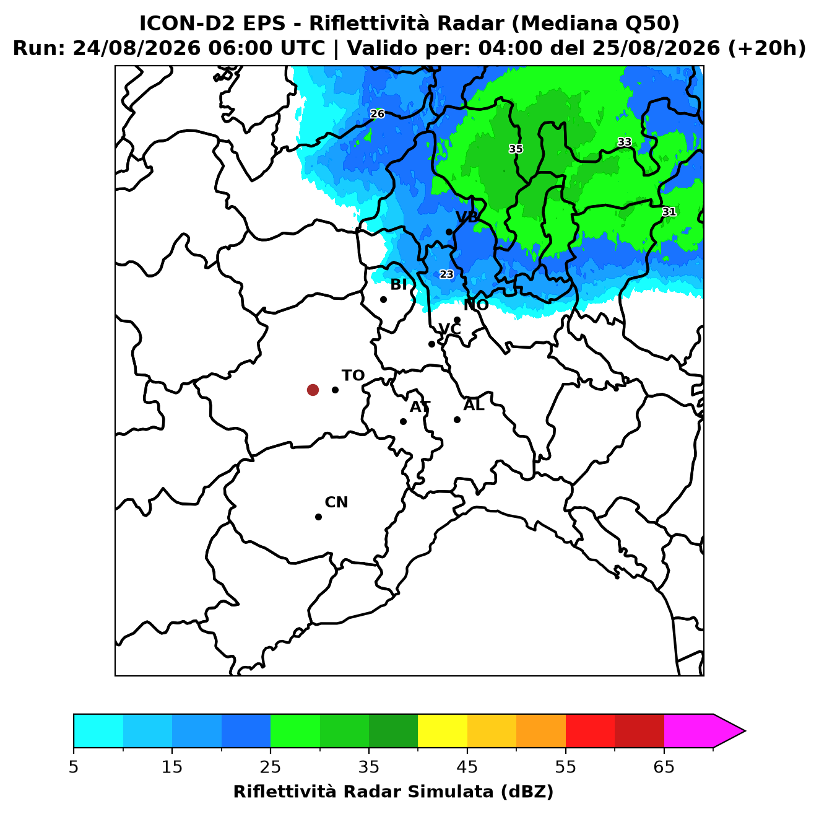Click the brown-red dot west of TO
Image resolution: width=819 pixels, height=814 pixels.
pos(313,389)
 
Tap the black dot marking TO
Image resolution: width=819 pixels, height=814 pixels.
pos(335,390)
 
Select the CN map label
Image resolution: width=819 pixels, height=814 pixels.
pos(336,502)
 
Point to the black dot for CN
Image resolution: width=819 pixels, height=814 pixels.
pos(318,517)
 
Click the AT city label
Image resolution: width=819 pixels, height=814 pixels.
pos(420,407)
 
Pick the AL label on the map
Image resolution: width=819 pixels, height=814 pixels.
pos(474,405)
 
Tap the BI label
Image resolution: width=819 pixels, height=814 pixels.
pos(398,285)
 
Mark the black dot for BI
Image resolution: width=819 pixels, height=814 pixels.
pos(383,300)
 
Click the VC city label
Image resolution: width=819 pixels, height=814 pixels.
pos(449,329)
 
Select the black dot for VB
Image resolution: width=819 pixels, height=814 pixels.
pos(449,232)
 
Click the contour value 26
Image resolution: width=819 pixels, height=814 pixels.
pos(377,114)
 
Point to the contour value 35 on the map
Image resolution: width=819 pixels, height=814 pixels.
pos(516,149)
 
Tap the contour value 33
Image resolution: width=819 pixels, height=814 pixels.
pos(625,142)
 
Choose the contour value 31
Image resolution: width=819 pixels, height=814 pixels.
pos(669,211)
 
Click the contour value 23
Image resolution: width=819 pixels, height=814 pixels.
pos(446,274)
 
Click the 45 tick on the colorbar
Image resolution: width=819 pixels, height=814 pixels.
pos(467,767)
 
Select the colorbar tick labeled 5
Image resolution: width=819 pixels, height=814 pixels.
pos(74,767)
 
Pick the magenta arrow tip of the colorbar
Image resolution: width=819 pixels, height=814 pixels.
pos(745,732)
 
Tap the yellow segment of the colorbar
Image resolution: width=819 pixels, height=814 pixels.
pos(443,732)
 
